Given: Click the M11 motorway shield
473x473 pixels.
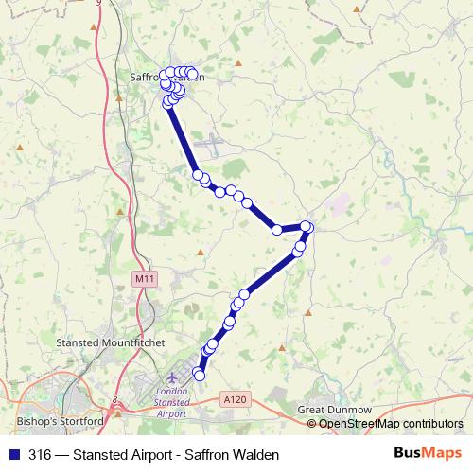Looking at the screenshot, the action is pos(143,279).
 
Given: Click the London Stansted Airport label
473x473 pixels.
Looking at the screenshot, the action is pos(170,402).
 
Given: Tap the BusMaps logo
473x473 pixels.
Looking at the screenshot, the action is pos(428,453).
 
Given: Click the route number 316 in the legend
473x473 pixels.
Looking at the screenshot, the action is pos(40,453).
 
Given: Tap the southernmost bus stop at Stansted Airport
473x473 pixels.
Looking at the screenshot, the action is pos(199,376).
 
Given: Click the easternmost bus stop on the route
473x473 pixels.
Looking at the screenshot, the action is pos(307,226).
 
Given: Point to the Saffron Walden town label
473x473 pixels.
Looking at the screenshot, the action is pos(166,78).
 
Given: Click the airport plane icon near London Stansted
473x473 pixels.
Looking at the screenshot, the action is pos(172,378).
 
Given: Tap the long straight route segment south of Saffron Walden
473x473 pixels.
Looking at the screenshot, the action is pos(183,137).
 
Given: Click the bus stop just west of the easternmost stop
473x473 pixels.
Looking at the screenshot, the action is pos(277,229).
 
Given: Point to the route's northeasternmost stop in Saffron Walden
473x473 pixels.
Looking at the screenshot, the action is pos(192,73).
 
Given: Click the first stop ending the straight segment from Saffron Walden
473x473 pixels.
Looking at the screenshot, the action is pos(198,174).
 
